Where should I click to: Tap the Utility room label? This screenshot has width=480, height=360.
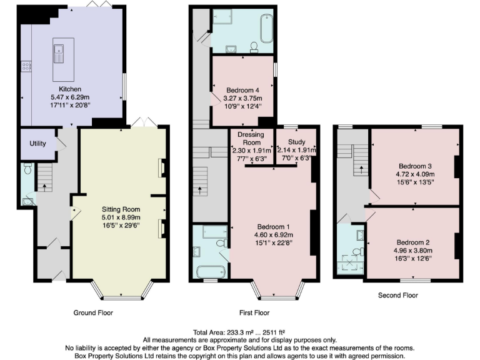tap(37, 143)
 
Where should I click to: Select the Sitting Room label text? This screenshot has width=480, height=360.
tap(121, 209)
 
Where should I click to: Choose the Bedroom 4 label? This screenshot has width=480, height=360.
tap(243, 90)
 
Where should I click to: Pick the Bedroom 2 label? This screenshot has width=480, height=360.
tap(412, 242)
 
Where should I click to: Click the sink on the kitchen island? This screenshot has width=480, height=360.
tap(60, 52)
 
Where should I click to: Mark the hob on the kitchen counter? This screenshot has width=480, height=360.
tap(27, 65)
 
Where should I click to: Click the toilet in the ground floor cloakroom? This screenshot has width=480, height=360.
tap(26, 169)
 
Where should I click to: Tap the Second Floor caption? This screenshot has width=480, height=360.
tap(398, 294)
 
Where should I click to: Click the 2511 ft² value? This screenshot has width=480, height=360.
tap(262, 332)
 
